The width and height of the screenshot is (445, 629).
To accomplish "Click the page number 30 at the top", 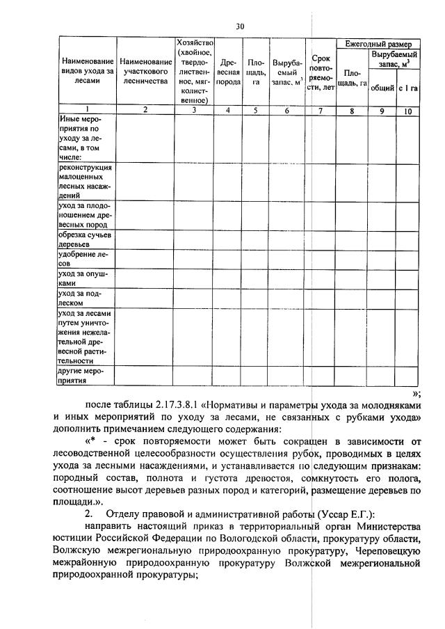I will (x=239, y=27).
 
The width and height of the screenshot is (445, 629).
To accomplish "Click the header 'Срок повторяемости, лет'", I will (x=321, y=73).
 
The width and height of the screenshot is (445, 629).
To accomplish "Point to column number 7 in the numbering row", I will (x=321, y=110).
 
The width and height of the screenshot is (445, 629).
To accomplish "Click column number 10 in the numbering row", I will (x=407, y=110).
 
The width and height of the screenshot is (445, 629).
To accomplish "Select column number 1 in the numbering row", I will (x=87, y=110).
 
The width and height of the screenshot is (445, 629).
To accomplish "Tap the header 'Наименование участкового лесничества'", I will (x=145, y=72).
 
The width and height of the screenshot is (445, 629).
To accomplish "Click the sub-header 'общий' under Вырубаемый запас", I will (x=382, y=88).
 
